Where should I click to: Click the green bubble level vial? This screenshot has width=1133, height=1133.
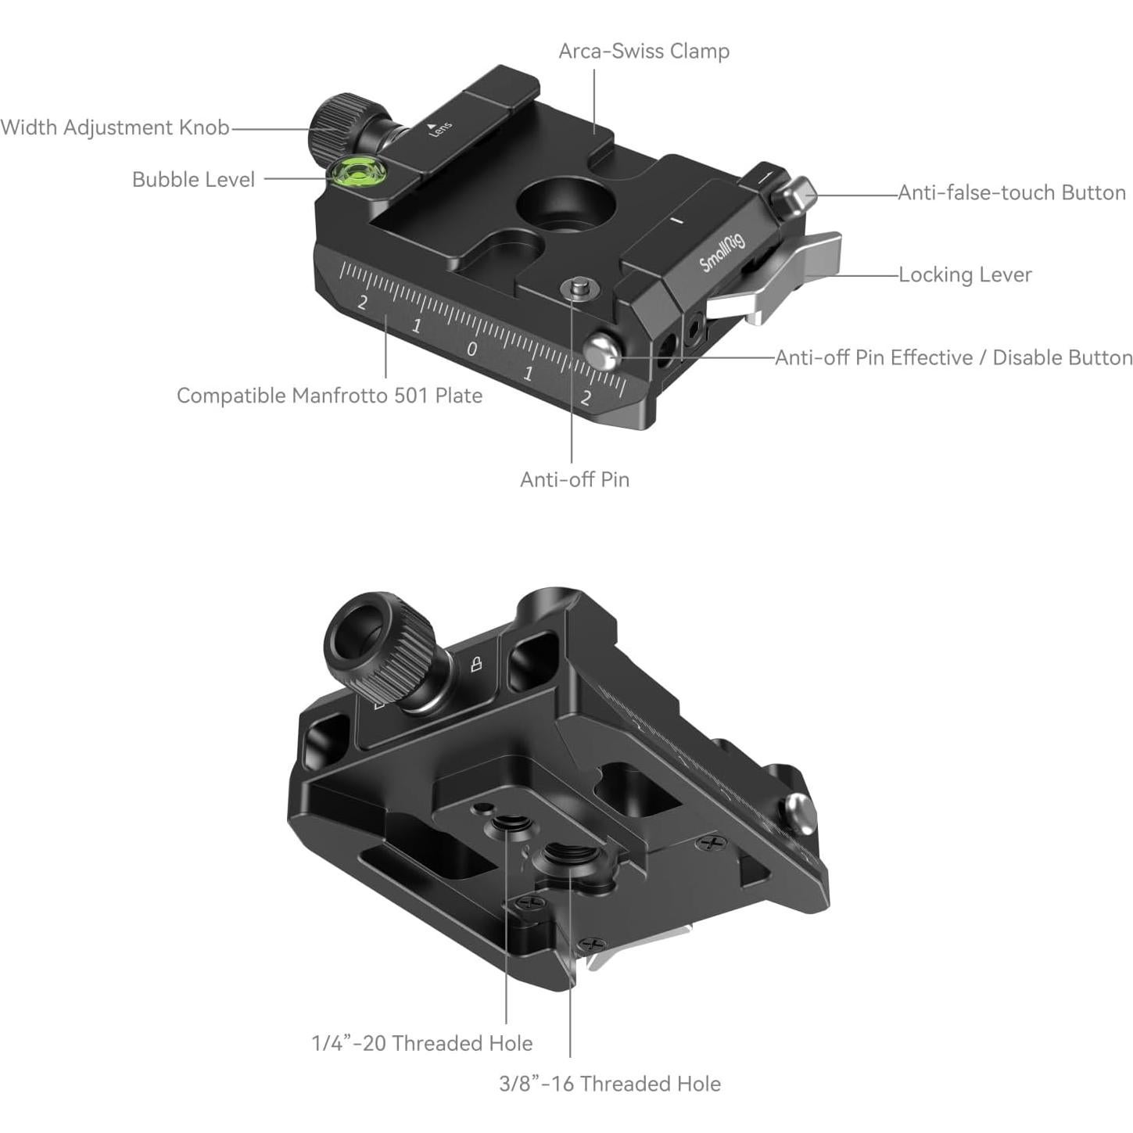(353, 175)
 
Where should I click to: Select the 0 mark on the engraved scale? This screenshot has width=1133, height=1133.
(471, 349)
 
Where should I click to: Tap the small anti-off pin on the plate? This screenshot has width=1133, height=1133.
(579, 289)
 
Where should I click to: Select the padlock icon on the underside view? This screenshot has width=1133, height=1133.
(475, 665)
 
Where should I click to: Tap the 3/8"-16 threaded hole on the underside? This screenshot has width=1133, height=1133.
(568, 857)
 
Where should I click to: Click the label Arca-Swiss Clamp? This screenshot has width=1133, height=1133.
(644, 51)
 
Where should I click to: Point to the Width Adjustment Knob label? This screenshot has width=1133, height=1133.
(115, 127)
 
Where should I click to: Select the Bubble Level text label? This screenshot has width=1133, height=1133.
(193, 180)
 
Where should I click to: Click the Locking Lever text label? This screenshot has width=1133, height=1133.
(964, 274)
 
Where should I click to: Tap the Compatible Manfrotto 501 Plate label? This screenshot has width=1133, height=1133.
(329, 396)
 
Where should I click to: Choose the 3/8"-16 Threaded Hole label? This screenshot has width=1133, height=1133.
(610, 1084)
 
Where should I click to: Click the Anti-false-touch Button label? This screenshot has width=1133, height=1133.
(1011, 192)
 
